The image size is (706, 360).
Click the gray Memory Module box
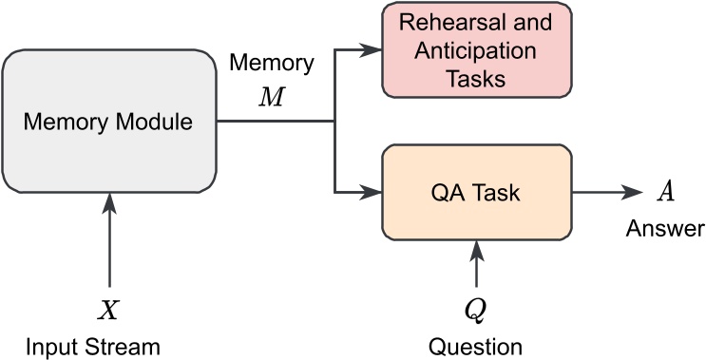(x=110, y=121)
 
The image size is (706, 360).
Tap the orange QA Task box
(x=475, y=193)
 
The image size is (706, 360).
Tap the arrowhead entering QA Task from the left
(x=372, y=193)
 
